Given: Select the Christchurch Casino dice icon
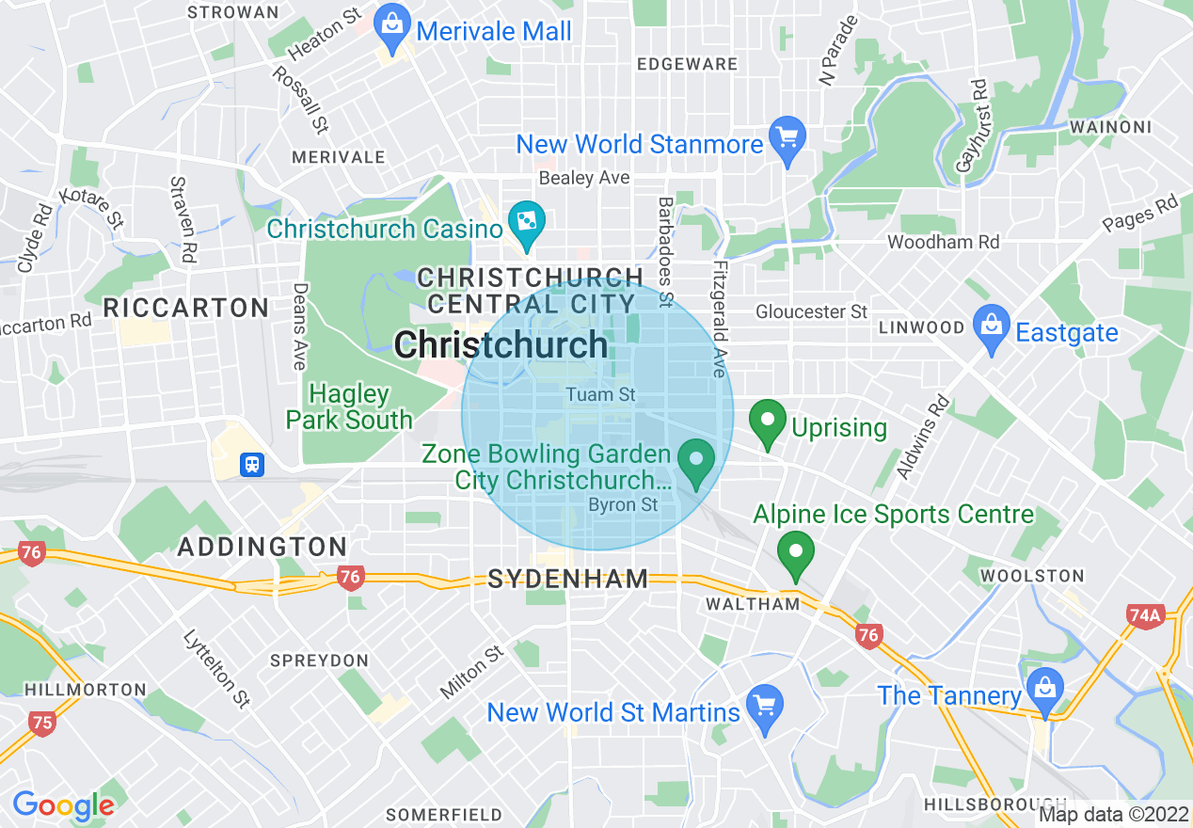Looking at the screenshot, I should point(524,222).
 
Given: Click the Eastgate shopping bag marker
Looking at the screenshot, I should point(991,326).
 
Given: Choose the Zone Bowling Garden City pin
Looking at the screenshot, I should point(697,463).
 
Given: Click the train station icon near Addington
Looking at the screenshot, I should point(252,464).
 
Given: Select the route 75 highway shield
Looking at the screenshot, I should point(42,723).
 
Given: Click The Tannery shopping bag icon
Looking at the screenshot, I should point(1045,690).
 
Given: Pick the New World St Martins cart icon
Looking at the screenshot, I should point(763,706).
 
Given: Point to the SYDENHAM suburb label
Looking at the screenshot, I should point(568,579).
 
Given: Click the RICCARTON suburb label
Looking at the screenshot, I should point(186,308).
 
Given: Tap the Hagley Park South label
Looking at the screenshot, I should point(350,406).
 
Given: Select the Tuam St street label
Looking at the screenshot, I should point(601,395).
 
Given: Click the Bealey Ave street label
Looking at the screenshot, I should point(584,178).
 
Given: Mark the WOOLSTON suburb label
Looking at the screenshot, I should point(1032,575).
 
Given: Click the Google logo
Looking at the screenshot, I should point(64,805).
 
